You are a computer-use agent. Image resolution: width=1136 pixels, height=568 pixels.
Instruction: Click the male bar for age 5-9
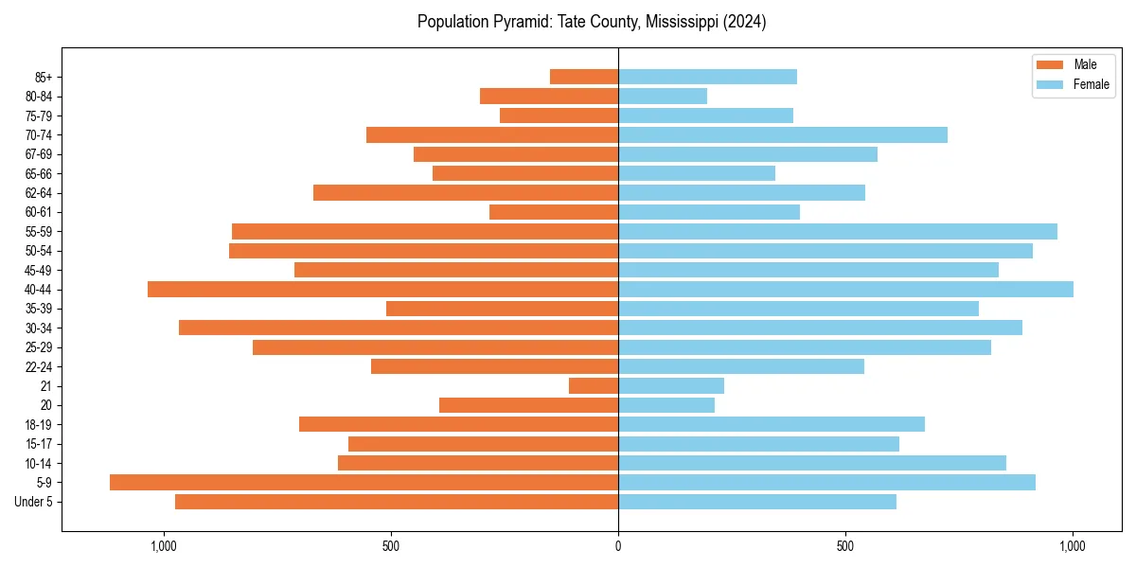[364, 483]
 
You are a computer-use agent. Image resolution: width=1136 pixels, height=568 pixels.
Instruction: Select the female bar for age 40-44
[845, 290]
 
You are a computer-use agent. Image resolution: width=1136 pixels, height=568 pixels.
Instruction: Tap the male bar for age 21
[594, 386]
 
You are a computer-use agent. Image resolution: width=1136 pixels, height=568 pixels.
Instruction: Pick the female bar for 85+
[707, 77]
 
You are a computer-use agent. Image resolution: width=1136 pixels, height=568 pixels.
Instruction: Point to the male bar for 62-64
[466, 193]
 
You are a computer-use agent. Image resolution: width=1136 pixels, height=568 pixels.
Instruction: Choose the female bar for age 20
[666, 405]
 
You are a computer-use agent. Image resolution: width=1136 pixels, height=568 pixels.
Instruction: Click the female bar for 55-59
[838, 232]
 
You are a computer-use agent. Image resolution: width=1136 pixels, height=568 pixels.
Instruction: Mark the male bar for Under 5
[397, 502]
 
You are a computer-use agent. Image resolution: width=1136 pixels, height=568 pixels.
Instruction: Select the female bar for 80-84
[663, 97]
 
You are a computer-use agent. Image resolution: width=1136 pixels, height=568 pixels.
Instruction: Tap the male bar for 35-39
[502, 309]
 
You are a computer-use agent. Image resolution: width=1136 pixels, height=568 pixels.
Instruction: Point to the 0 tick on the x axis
[618, 546]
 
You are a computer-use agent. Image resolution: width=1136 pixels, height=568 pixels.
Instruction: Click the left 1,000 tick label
[164, 546]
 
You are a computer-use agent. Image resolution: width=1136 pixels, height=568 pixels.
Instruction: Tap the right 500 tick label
[845, 546]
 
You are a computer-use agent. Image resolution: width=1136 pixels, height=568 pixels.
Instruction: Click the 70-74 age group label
[39, 135]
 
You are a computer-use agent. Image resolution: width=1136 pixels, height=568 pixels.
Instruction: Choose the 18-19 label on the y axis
[39, 425]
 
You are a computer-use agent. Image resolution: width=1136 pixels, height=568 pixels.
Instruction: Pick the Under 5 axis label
[34, 502]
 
